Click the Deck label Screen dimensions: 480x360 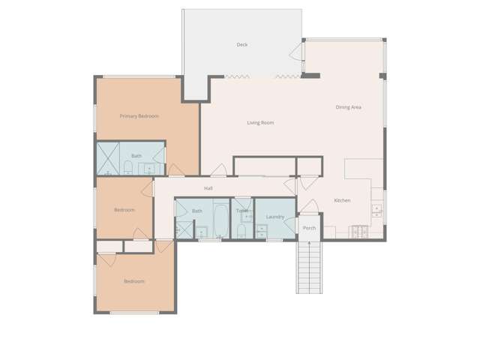pos(241,45)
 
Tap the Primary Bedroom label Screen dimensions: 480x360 pos(139,116)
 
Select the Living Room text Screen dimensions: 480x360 pos(260,123)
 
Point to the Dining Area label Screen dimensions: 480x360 pos(348,107)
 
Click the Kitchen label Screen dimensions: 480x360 pos(342,200)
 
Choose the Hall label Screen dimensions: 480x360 pos(208,188)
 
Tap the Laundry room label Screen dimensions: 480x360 pos(275,217)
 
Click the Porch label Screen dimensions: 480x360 pos(309,228)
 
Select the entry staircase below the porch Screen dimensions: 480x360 pos(309,268)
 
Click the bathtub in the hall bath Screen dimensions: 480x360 pos(221,221)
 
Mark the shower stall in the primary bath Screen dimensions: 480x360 pos(108,158)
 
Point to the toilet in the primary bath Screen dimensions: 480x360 pos(128,168)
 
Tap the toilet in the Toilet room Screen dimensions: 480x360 pos(241,231)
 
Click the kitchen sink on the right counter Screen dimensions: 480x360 pos(376,211)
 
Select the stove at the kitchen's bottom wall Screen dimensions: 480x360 pos(360,232)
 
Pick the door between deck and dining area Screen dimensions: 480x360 pos(296,52)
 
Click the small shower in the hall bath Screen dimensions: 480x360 pos(184,229)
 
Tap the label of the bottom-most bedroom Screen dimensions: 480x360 pos(134,281)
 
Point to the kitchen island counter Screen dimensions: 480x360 pos(364,169)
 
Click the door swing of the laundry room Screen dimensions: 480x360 pos(290,224)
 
